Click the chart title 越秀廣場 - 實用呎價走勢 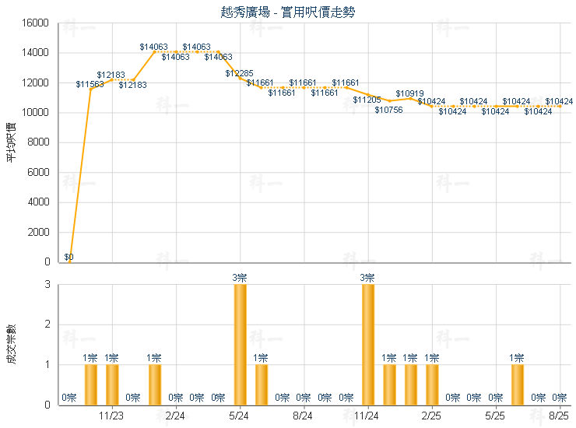tap(289, 12)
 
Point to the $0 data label tap(68, 257)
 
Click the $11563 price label tap(90, 84)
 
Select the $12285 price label tap(239, 73)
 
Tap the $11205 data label tap(367, 100)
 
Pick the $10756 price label tap(388, 110)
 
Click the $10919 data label tap(409, 93)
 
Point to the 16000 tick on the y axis tap(36, 23)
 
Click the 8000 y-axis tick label tap(38, 142)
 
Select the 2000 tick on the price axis tap(38, 232)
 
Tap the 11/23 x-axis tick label tap(112, 417)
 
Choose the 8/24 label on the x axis tap(304, 417)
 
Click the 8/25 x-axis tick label tap(559, 417)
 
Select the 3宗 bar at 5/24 tap(240, 344)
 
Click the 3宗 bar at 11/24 tap(367, 344)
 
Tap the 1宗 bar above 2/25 tap(431, 384)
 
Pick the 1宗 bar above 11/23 tap(112, 384)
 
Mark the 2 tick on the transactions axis tap(47, 325)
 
